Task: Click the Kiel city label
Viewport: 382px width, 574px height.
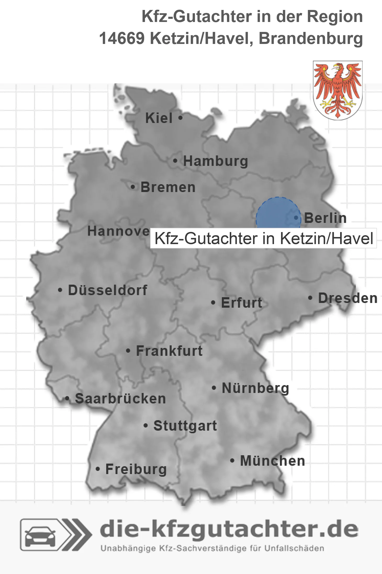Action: [x=159, y=118]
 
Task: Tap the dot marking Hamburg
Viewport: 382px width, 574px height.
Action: [x=175, y=161]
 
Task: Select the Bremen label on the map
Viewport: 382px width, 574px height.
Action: [x=168, y=187]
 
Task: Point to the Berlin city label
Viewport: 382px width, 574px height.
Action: [x=325, y=218]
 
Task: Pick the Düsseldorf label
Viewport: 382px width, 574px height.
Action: [x=108, y=290]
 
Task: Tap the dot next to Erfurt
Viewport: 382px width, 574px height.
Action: [x=213, y=303]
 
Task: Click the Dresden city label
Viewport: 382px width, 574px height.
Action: [x=348, y=298]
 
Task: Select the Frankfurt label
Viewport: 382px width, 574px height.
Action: [x=169, y=351]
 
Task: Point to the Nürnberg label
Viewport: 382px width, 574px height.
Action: [x=255, y=388]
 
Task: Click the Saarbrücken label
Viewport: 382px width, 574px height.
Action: [x=120, y=399]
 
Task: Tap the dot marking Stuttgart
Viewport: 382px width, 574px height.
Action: [x=146, y=426]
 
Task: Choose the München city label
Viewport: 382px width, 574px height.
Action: [x=273, y=461]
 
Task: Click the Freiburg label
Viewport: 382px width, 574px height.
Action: [x=136, y=469]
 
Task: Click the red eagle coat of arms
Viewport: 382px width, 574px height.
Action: [x=338, y=90]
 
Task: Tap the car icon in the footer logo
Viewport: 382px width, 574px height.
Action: [x=40, y=536]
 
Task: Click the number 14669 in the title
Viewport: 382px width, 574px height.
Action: [x=122, y=38]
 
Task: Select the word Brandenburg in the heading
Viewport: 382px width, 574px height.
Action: [x=311, y=38]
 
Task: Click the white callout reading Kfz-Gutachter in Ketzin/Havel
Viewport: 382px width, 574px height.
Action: [x=263, y=238]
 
